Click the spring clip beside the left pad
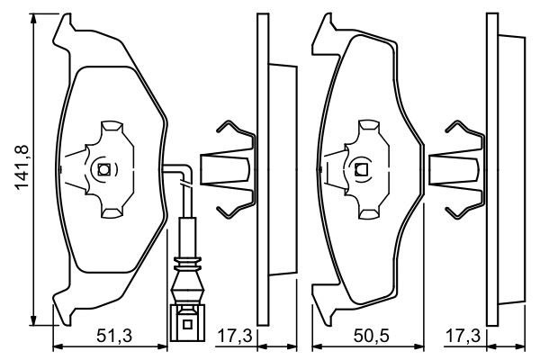click(x=227, y=168)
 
